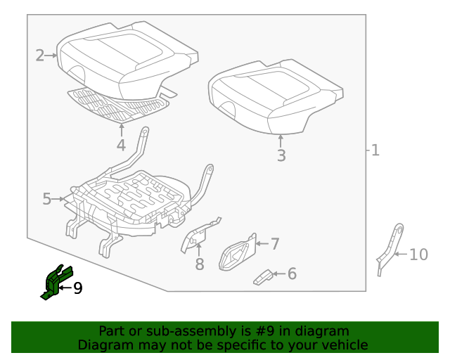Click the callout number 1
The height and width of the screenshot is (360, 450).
[x=375, y=150]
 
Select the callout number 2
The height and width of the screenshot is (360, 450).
[x=40, y=55]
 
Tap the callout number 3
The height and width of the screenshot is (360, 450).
[x=281, y=156]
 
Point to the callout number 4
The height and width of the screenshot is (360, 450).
[x=121, y=146]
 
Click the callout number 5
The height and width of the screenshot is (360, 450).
[x=47, y=199]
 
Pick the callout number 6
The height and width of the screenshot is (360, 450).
[x=292, y=274]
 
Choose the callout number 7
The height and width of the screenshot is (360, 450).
[x=275, y=244]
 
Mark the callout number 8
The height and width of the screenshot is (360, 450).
[x=200, y=264]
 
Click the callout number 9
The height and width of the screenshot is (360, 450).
[x=77, y=287]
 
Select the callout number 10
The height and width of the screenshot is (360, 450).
[x=418, y=254]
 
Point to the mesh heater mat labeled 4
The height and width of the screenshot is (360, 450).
[x=120, y=104]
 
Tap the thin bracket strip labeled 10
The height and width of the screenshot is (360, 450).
[x=389, y=250]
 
